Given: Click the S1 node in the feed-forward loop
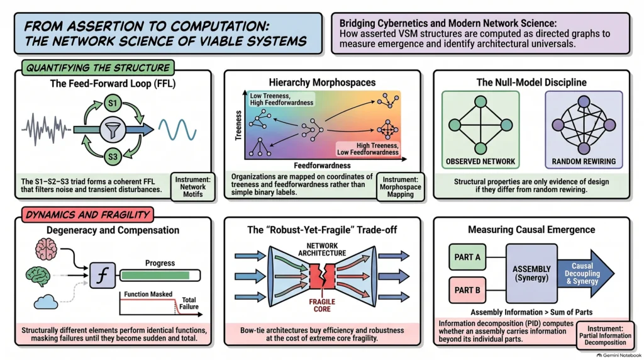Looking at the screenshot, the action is click(x=113, y=103).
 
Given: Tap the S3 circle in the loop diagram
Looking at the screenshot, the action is click(x=113, y=156).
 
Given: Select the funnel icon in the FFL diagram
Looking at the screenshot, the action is click(x=113, y=130).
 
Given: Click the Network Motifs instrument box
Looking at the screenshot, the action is click(x=192, y=187).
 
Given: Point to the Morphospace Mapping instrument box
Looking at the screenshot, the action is click(x=401, y=187).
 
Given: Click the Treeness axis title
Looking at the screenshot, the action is click(x=238, y=125).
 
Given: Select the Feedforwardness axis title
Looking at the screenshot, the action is click(x=322, y=166).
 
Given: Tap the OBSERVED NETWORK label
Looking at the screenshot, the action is click(x=480, y=162).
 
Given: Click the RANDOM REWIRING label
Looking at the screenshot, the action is click(x=584, y=162).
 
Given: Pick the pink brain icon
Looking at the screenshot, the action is click(x=46, y=249).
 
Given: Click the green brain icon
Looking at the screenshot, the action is click(x=38, y=276).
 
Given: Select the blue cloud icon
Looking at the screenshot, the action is click(x=45, y=302).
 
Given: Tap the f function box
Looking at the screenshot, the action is click(x=103, y=275).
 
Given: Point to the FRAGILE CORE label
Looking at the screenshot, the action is click(x=322, y=305).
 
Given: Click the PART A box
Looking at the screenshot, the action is click(x=467, y=257).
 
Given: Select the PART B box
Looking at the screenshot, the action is click(x=467, y=290).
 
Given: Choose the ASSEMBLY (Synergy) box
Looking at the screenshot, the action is click(x=531, y=273).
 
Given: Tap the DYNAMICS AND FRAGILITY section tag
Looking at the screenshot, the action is click(x=87, y=215).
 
